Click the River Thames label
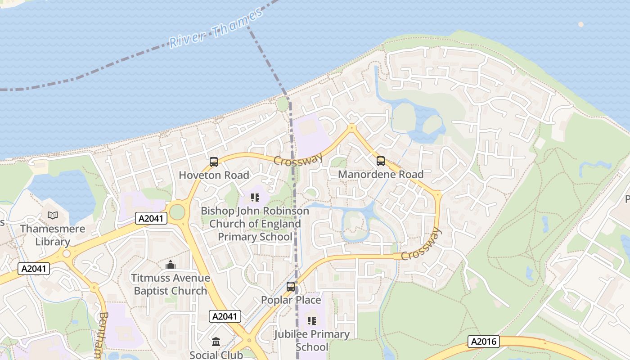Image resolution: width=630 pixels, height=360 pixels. [x=216, y=28]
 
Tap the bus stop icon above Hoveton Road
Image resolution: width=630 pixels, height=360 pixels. [x=214, y=162]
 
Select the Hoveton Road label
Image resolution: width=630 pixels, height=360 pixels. [x=214, y=175]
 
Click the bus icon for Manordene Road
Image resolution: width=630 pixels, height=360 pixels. [x=381, y=161]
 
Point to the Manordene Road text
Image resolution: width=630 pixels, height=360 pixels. [x=381, y=174]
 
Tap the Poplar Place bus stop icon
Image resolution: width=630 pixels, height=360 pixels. [x=291, y=286]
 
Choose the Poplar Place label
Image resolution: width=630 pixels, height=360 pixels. [x=291, y=300]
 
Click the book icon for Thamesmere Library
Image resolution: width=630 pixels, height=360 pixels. [x=53, y=215]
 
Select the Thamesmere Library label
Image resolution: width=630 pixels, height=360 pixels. [x=53, y=235]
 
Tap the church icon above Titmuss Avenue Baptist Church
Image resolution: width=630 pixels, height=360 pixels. [x=171, y=265]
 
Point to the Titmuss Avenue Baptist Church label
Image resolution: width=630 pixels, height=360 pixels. [x=171, y=284]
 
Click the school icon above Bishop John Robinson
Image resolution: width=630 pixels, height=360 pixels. [x=255, y=197]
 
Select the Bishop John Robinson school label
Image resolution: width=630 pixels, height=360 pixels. [x=255, y=224]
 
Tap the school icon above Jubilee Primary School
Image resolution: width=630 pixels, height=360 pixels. [x=312, y=320]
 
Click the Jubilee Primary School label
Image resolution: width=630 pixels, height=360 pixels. [x=312, y=340]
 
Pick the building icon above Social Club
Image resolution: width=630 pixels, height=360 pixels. [x=216, y=342]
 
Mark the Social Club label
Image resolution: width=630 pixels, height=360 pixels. [x=216, y=355]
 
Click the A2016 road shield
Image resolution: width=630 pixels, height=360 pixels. [x=484, y=342]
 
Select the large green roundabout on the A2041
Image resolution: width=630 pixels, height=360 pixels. [x=177, y=212]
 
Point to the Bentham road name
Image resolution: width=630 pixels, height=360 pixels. [x=103, y=335]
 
